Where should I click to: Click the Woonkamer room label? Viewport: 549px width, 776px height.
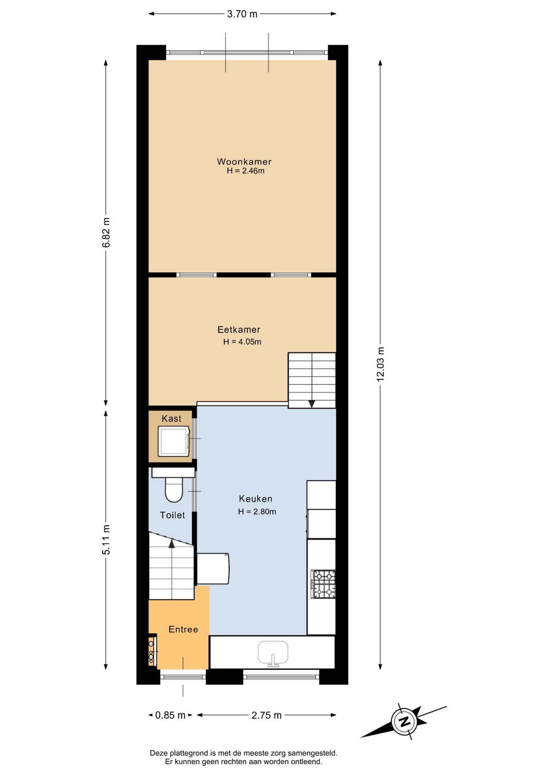pos(244,162)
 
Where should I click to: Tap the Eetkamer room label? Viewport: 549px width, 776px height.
pos(239,330)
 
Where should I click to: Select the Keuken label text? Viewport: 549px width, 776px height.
pos(255,499)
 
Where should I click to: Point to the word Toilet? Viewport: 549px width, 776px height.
pos(173,515)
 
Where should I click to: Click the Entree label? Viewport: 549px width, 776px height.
pos(184,629)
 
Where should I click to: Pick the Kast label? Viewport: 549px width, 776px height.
pos(171,419)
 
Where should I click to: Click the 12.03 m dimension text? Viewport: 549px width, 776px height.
pos(380,364)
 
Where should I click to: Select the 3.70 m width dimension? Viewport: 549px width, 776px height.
pos(242,14)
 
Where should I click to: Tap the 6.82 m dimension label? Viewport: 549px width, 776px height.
pos(106,233)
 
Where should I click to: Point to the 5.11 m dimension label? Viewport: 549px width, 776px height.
pos(106,540)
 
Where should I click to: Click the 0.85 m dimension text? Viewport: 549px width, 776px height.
pos(170,715)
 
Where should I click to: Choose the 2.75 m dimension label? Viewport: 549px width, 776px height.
pos(266,715)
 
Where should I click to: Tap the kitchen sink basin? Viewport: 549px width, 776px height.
pos(273,653)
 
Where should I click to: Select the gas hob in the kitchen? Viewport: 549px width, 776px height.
pos(323,584)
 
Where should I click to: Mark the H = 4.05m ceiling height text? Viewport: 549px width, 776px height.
pos(242,342)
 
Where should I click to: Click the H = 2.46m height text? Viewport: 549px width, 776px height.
pos(245,171)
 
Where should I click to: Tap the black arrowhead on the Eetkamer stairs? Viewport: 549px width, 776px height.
pos(312,404)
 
